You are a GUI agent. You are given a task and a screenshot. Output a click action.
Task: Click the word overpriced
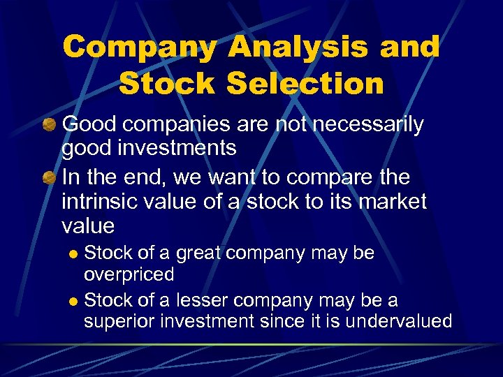click(129, 274)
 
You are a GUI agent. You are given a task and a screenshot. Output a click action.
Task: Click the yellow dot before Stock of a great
click(75, 253)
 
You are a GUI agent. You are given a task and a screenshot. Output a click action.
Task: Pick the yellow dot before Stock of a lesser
click(75, 301)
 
